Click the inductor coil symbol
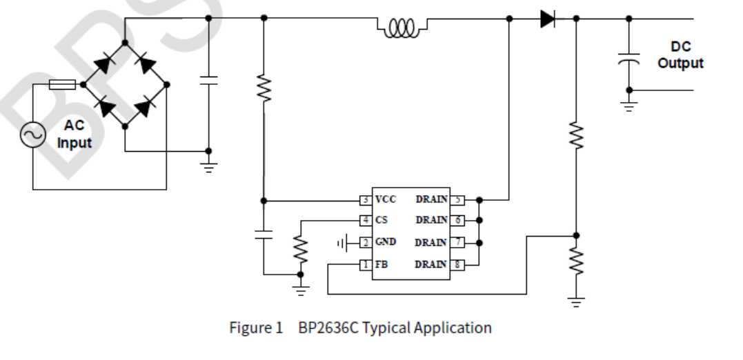pos(402,27)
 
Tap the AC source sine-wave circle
pos(32,134)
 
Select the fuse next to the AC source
pos(63,85)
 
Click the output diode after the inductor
pos(548,19)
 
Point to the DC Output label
pos(680,55)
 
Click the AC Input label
pos(74,135)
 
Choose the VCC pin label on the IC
pos(386,200)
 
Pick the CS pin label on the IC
pos(381,221)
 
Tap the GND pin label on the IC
pos(386,242)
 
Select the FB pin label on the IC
pos(381,264)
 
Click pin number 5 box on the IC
pos(457,200)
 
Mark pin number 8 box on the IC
pos(457,264)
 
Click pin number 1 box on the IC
pos(365,264)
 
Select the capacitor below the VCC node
pos(263,234)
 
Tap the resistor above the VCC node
pos(263,89)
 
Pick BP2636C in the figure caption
pos(328,328)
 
